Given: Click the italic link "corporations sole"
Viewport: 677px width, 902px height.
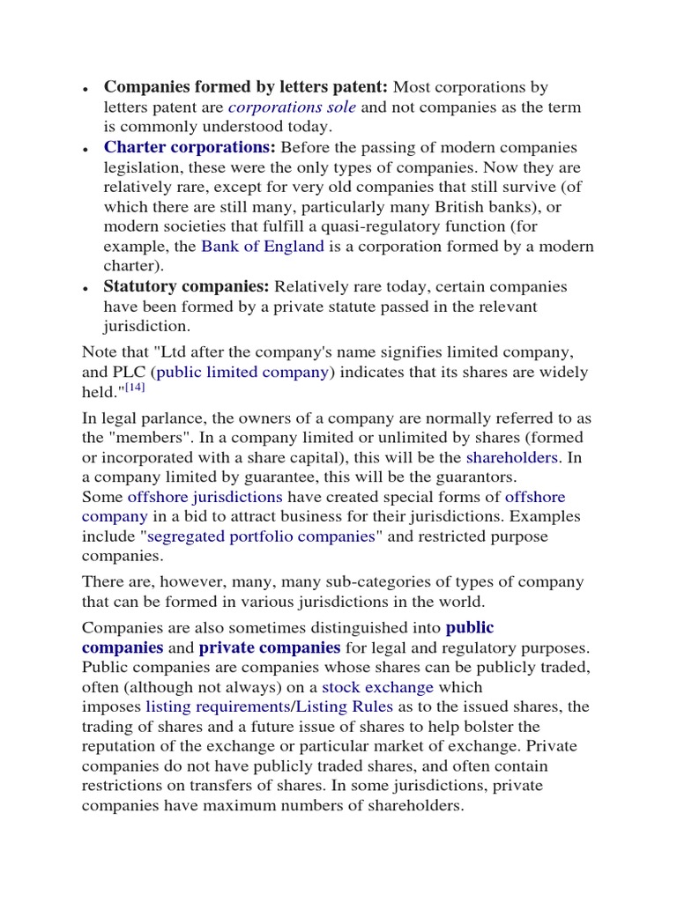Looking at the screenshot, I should tap(292, 107).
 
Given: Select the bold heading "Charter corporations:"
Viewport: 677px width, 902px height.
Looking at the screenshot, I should tap(190, 147).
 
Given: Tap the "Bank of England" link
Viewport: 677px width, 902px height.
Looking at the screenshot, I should tap(263, 247).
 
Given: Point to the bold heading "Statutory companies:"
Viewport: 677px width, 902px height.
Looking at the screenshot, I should tap(187, 287).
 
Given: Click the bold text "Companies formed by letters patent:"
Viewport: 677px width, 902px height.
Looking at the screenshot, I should tap(246, 87).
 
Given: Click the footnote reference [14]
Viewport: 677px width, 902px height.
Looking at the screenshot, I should tap(134, 388).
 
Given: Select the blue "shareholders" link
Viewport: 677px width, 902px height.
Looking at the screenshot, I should tap(511, 458).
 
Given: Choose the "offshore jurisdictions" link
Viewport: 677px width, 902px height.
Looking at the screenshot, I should tap(205, 498).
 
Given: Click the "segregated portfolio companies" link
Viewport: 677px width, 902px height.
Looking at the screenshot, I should tap(262, 537).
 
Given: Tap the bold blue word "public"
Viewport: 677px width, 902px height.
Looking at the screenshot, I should tap(470, 628).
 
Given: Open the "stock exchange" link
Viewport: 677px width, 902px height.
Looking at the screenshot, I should tap(377, 687).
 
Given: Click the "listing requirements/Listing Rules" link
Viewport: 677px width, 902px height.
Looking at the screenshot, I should tap(270, 707).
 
